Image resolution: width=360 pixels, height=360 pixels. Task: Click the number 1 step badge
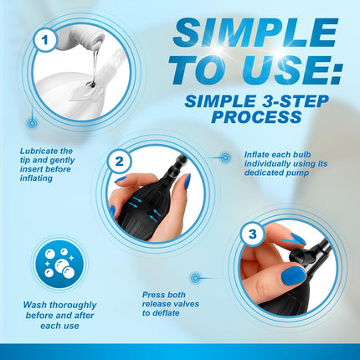pos(45,40)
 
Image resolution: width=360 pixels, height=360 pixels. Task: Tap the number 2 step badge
pos(119,162)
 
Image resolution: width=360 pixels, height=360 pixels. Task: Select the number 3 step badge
pos(252,234)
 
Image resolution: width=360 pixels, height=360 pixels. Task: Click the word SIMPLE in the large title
pos(255,33)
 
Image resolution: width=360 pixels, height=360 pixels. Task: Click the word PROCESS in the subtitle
pos(256,117)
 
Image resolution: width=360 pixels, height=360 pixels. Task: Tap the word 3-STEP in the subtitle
pos(293,101)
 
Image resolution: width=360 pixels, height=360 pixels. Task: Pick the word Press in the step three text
pos(153,295)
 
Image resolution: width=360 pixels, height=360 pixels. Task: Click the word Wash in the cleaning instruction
pos(34,305)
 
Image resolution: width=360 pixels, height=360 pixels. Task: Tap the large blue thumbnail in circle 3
pos(293,275)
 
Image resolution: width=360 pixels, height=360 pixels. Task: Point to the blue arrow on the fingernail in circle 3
pos(291,239)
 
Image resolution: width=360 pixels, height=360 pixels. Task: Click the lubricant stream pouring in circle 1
pos(95,65)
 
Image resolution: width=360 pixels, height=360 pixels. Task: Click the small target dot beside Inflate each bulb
pos(225,157)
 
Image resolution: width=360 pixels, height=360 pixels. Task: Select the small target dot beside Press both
pos(195,278)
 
